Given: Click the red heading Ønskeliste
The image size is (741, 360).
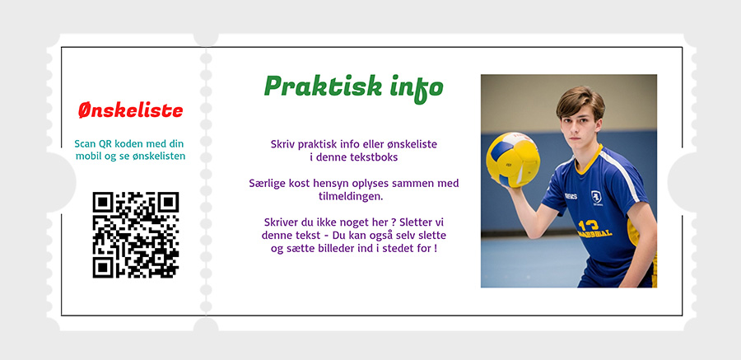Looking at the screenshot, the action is tap(130, 110).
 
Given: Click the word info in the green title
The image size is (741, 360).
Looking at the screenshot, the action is tap(417, 88).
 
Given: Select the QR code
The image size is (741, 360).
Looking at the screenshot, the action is tap(136, 235).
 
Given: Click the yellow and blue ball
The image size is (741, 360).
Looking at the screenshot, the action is tap(513, 160).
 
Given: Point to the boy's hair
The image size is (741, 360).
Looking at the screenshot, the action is tap(580, 101).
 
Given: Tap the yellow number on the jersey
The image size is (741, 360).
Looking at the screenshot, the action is tap(589, 225).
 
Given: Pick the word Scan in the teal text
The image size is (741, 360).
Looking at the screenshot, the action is tap(84, 144).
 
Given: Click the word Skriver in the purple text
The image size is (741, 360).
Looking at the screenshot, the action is tap(280, 222).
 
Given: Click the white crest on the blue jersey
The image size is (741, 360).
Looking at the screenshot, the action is tap(596, 198).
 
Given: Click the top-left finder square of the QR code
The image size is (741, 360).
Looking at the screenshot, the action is tap(103, 202).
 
